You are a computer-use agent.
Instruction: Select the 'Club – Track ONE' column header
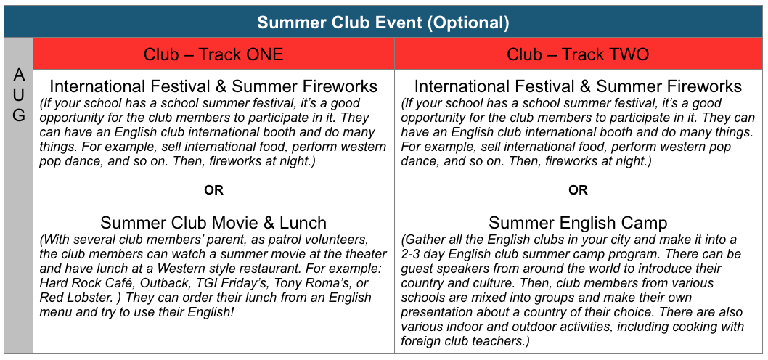[x=213, y=54]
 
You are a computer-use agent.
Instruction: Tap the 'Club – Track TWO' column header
[x=578, y=54]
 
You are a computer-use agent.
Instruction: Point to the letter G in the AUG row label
[x=18, y=115]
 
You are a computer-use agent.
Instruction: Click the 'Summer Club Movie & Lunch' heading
[x=213, y=223]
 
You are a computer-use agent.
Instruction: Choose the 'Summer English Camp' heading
[x=578, y=223]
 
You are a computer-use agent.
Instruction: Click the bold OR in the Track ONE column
[x=213, y=190]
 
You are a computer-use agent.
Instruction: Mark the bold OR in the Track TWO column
[x=578, y=190]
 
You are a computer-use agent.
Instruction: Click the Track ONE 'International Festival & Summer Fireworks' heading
[x=213, y=86]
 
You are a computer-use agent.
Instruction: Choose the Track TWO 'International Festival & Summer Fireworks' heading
[x=578, y=86]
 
